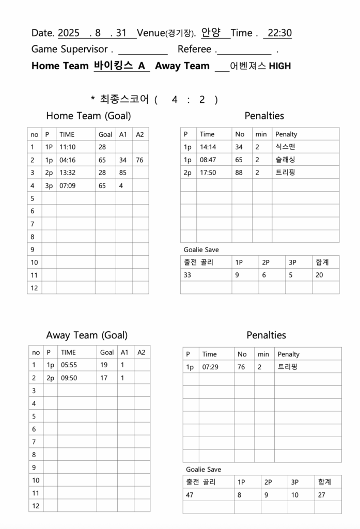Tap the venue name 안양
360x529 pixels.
coord(211,33)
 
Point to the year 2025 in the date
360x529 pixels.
coord(69,33)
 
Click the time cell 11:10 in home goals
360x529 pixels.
coord(67,147)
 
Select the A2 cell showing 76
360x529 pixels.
coord(139,160)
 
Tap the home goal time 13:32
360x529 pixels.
coord(67,173)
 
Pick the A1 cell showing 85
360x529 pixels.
coord(123,173)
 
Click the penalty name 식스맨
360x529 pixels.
coord(285,147)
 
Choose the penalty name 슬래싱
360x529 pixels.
coord(285,160)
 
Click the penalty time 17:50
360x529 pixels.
coord(208,173)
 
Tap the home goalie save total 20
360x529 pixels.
coord(319,275)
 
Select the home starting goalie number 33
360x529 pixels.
coord(187,275)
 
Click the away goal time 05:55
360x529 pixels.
coord(69,365)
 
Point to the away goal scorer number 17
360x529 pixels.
coord(104,378)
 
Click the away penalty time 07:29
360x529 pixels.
coord(210,367)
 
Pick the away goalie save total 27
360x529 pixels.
coord(322,495)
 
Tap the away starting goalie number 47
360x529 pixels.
coord(190,495)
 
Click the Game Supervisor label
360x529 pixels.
coord(69,50)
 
